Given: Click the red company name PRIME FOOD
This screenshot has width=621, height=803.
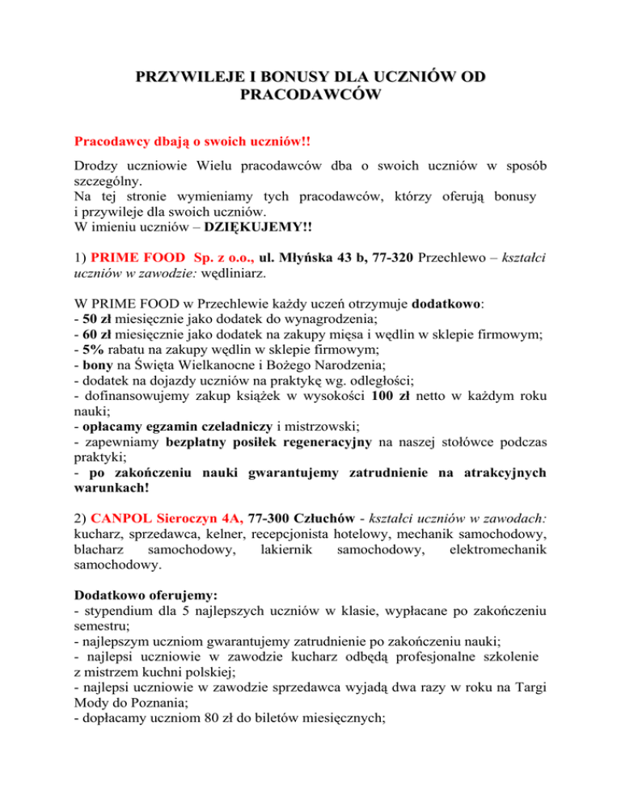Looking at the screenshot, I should [x=133, y=255].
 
